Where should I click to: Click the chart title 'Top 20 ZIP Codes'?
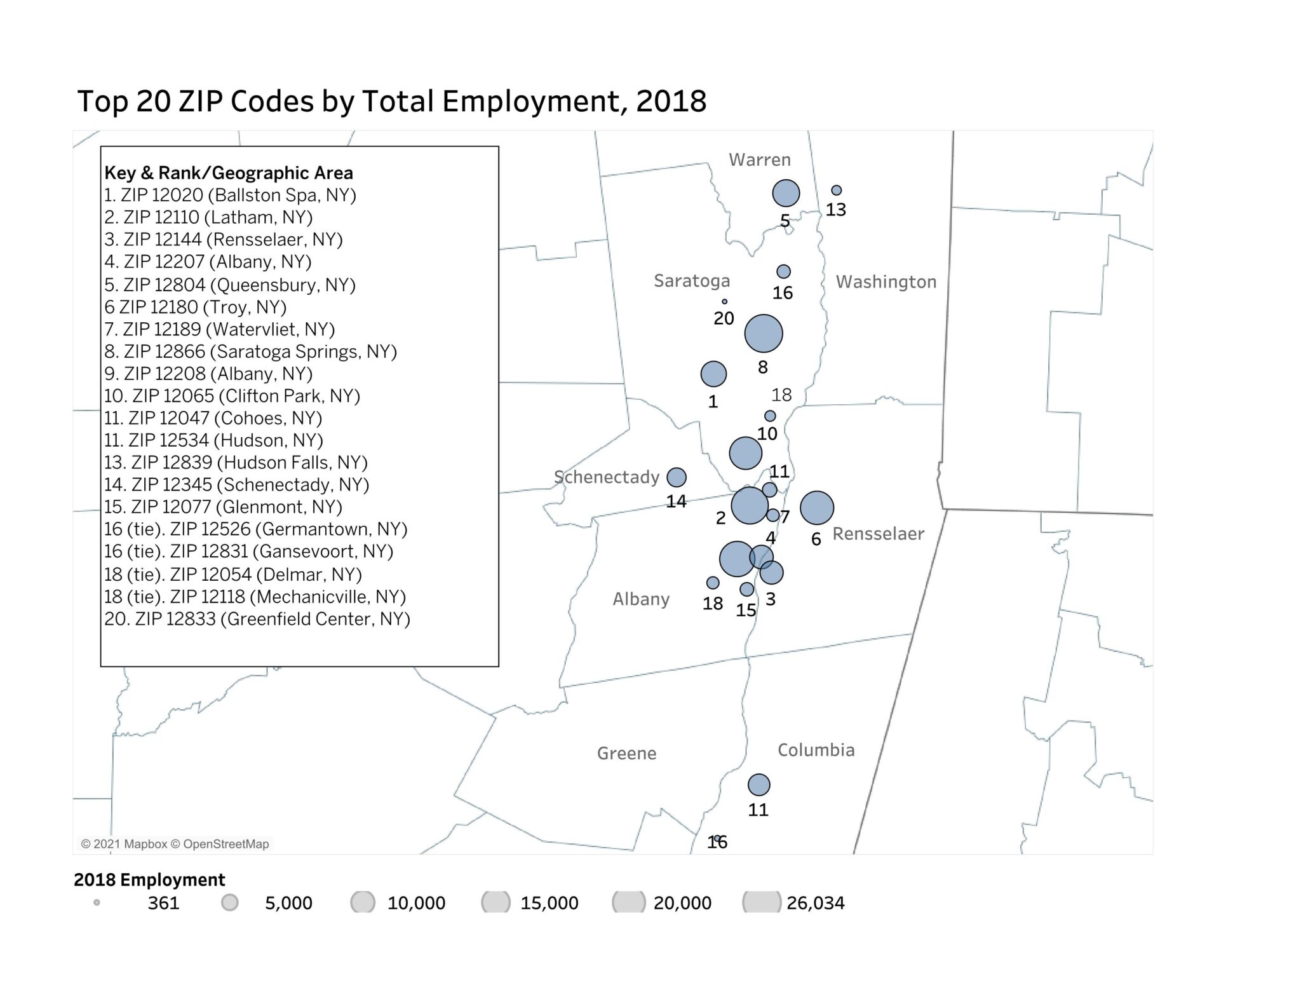391,102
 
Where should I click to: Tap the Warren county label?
759,160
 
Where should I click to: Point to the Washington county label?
886,282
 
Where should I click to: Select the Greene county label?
626,753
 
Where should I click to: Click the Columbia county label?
816,750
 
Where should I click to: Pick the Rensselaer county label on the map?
878,534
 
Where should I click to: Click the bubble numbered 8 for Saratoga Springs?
763,334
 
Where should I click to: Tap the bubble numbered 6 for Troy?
816,508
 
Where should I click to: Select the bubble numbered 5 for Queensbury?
786,193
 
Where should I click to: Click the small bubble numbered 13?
837,191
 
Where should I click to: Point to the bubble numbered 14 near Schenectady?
677,477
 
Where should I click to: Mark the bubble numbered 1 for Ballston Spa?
713,374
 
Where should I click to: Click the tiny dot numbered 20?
724,302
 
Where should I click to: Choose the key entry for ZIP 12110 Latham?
208,217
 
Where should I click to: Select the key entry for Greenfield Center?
257,619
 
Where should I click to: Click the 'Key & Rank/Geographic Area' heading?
229,173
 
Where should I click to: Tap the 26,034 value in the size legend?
815,903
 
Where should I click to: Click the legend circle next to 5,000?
230,902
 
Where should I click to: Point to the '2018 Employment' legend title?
149,880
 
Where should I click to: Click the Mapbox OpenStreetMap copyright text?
175,844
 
